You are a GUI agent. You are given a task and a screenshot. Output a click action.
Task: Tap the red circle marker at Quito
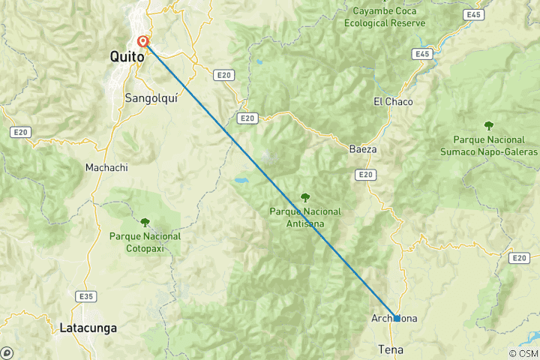click(x=143, y=42)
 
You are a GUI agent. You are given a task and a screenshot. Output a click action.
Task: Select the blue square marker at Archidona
click(x=397, y=318)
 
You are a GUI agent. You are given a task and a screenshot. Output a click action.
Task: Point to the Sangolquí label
click(x=153, y=97)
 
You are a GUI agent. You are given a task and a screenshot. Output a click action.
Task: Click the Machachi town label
click(x=105, y=167)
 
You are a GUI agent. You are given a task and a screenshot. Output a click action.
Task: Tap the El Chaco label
click(x=393, y=101)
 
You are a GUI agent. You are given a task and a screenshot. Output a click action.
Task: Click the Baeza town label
click(x=363, y=149)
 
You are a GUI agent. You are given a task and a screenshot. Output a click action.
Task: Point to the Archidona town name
click(x=394, y=319)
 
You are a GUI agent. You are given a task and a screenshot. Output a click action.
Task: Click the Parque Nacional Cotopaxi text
click(x=145, y=241)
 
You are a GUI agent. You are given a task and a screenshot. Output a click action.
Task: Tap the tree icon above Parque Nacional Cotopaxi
click(x=145, y=222)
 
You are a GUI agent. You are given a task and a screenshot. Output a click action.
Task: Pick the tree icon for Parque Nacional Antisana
click(x=305, y=198)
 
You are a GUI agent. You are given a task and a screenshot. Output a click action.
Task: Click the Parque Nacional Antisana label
click(x=305, y=217)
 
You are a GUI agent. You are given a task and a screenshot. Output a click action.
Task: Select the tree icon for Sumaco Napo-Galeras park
click(x=489, y=125)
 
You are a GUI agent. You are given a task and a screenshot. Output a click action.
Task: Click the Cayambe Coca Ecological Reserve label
click(x=385, y=17)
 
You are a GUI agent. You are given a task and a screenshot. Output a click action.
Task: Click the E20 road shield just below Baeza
click(x=365, y=175)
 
